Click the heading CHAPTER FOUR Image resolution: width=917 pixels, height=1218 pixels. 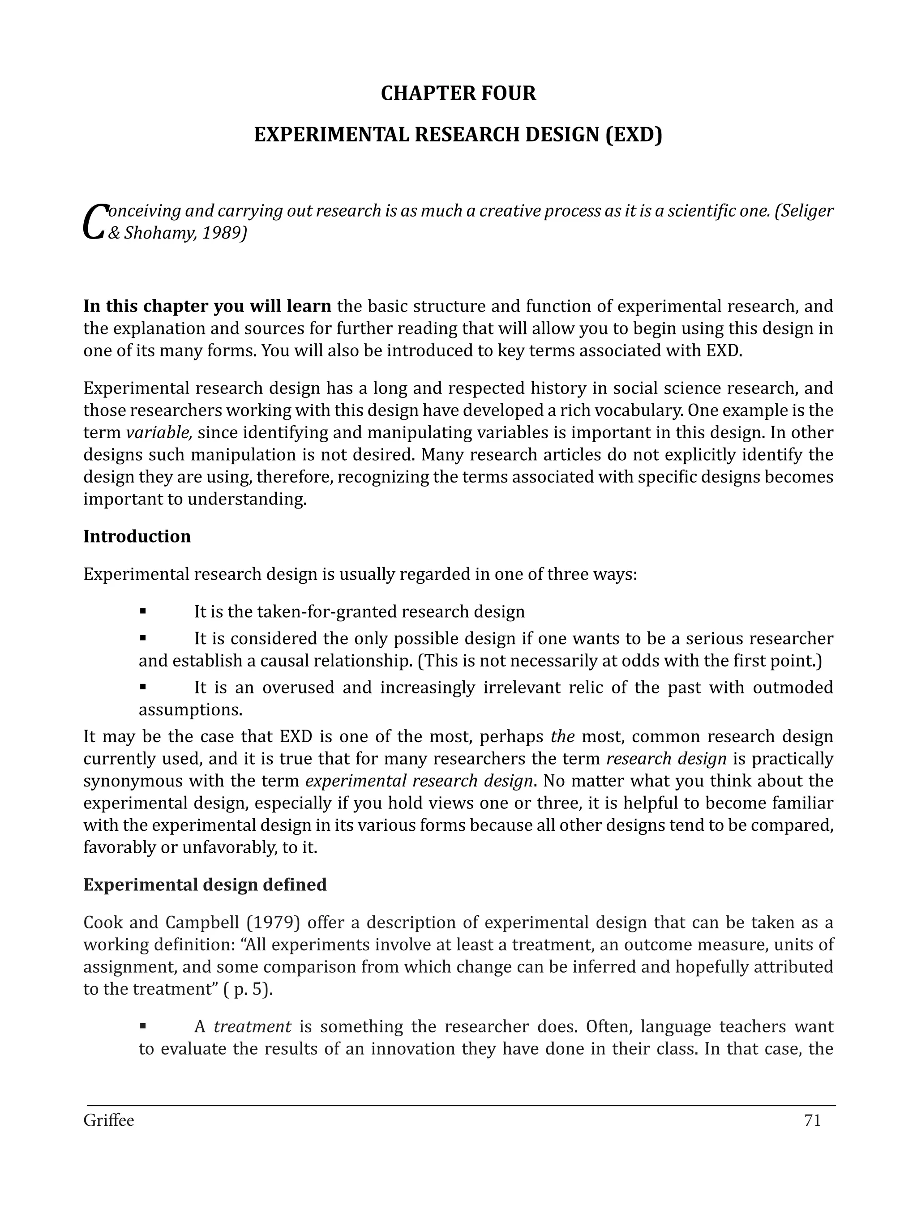(458, 94)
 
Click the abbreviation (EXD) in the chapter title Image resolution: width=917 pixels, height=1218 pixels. (634, 135)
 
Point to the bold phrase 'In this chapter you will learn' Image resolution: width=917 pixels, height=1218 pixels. (207, 306)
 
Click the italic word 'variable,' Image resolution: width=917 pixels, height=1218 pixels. (159, 433)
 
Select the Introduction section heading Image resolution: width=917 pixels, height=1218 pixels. (137, 536)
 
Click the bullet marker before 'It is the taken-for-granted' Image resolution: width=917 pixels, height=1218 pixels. (143, 611)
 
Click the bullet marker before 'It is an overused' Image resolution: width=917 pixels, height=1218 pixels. (143, 686)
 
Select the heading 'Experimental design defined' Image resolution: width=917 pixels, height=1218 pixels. (205, 885)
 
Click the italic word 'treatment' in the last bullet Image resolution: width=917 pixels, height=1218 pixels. (252, 1027)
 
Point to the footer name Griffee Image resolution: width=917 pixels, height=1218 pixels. (108, 1120)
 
